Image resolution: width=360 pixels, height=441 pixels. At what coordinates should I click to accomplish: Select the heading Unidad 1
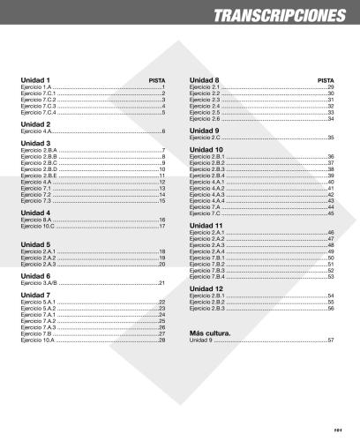click(35, 79)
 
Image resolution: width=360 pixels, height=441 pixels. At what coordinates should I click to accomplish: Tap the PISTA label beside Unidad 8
click(325, 80)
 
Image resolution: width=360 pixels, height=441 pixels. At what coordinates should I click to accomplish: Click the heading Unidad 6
click(35, 274)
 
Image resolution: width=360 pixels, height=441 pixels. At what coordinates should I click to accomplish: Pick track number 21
click(162, 282)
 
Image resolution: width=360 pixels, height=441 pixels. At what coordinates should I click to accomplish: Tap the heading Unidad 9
click(205, 130)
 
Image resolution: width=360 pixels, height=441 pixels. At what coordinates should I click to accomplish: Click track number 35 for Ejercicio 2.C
click(331, 138)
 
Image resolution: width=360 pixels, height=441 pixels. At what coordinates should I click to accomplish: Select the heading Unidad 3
click(35, 143)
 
